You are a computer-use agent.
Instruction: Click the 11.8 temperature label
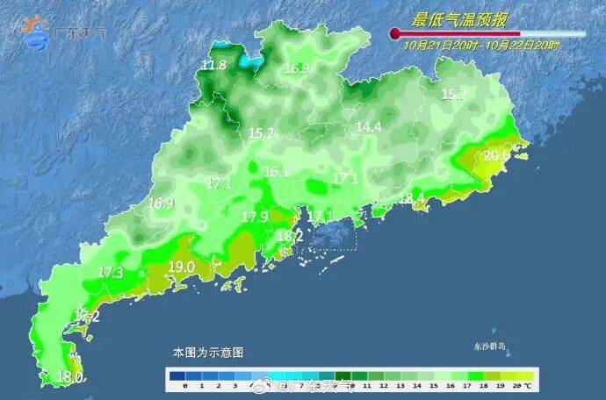coord(214,66)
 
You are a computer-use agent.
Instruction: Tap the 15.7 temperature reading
coord(453,95)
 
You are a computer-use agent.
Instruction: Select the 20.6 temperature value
coord(496,155)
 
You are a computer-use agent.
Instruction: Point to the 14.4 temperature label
coord(368,127)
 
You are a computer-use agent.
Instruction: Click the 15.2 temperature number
coord(261,134)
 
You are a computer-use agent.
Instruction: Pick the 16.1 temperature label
coord(276,173)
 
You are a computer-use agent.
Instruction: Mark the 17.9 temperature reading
coord(255,217)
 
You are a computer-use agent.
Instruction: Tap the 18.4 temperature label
coord(412,198)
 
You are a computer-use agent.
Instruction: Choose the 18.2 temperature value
coord(290,236)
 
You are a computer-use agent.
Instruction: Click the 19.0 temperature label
coord(181,267)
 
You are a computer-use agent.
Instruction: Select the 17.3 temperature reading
coord(111,273)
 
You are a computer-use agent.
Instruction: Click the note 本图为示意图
coord(207,352)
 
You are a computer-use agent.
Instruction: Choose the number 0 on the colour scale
coord(186,386)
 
